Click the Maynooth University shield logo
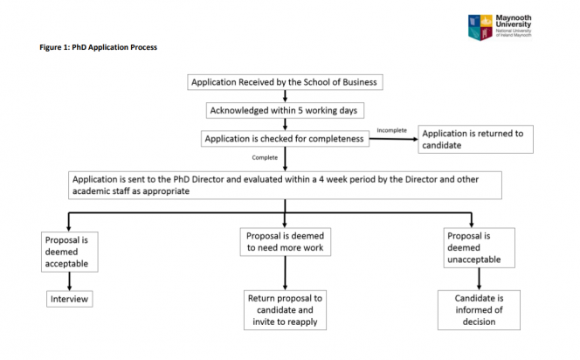click(x=480, y=27)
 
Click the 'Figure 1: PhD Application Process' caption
click(x=99, y=47)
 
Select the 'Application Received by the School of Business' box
click(x=285, y=82)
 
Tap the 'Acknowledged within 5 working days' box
click(x=285, y=110)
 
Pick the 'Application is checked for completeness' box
click(x=285, y=139)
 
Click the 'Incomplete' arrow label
click(x=391, y=130)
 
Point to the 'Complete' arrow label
click(x=265, y=157)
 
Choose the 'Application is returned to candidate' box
click(x=476, y=139)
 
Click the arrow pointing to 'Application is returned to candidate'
click(x=394, y=139)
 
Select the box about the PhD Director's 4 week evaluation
click(x=285, y=185)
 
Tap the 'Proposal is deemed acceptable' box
click(x=70, y=252)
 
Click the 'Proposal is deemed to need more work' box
click(x=285, y=242)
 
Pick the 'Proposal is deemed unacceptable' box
click(x=479, y=247)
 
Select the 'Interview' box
click(x=70, y=299)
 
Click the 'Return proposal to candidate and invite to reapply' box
click(x=285, y=310)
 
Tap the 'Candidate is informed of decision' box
click(x=479, y=310)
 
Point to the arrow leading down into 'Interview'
click(x=70, y=281)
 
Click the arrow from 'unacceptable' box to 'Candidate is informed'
click(x=479, y=279)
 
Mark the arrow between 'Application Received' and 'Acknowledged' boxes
click(x=285, y=96)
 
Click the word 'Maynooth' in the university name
click(x=514, y=17)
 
